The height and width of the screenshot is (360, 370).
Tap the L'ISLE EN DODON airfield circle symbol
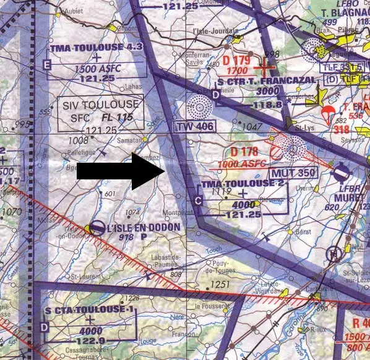click(97, 229)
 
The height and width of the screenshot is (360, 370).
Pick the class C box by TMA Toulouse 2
click(197, 200)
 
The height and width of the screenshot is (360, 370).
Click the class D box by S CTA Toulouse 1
click(43, 327)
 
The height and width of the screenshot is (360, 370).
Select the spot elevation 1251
click(219, 284)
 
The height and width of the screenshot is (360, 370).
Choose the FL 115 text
click(123, 118)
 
